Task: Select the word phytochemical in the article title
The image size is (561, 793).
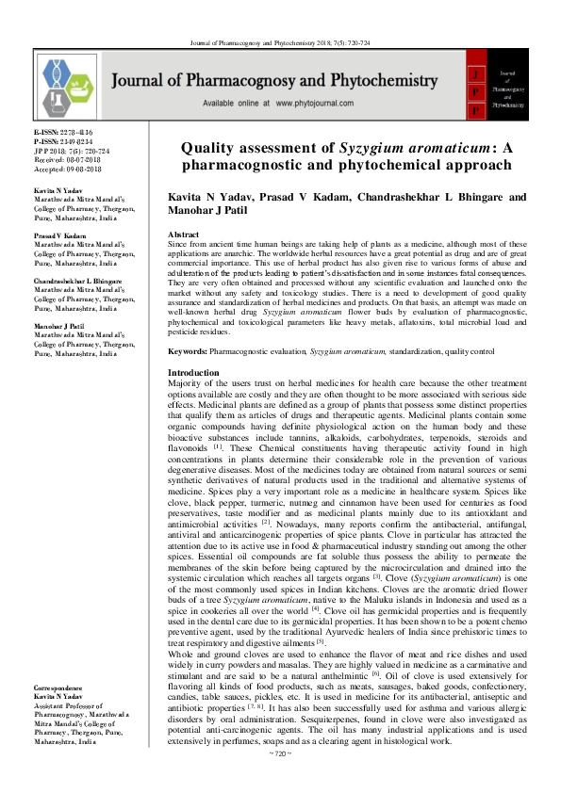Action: coord(388,164)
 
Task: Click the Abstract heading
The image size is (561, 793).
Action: coord(182,233)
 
